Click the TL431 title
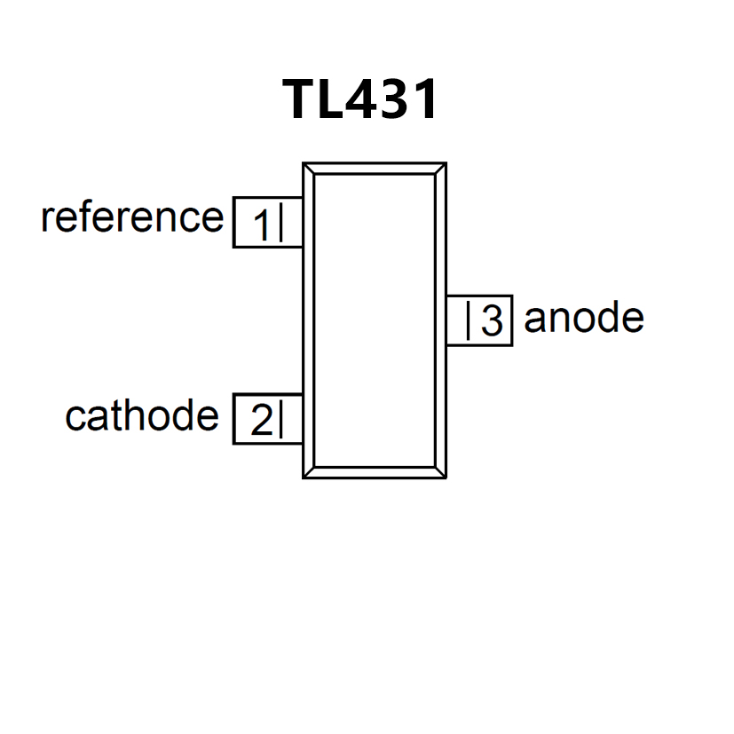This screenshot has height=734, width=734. pyautogui.click(x=361, y=99)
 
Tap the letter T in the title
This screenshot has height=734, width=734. pyautogui.click(x=299, y=99)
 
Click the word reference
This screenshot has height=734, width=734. pyautogui.click(x=132, y=217)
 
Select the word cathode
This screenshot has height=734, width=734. pyautogui.click(x=142, y=415)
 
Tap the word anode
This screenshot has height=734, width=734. pyautogui.click(x=583, y=317)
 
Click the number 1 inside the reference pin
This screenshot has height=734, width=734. pyautogui.click(x=261, y=225)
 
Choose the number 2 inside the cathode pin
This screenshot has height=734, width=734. pyautogui.click(x=261, y=421)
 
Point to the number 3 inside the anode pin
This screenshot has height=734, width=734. pyautogui.click(x=492, y=321)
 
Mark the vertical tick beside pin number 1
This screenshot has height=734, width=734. pyautogui.click(x=280, y=223)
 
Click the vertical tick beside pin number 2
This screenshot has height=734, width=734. pyautogui.click(x=280, y=419)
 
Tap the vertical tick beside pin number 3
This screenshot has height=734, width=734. pyautogui.click(x=469, y=320)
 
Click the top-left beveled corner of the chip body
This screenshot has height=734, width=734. pyautogui.click(x=309, y=169)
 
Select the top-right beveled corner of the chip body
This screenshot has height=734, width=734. pyautogui.click(x=440, y=169)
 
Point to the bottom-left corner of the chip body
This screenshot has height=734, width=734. pyautogui.click(x=309, y=473)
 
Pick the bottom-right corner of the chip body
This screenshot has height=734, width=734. pyautogui.click(x=440, y=473)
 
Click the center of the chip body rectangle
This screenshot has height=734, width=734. pyautogui.click(x=375, y=320)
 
